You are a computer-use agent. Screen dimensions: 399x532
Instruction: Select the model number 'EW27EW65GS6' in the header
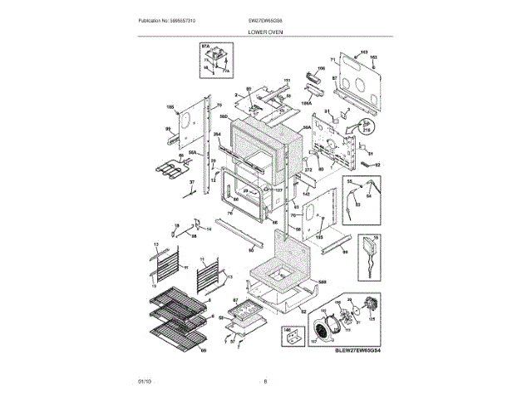tap(265, 20)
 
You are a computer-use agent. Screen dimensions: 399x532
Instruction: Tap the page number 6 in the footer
tap(265, 381)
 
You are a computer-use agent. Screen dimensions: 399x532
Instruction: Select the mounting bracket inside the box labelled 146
tap(291, 338)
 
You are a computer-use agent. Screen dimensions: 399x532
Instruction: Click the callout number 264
tap(216, 134)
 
